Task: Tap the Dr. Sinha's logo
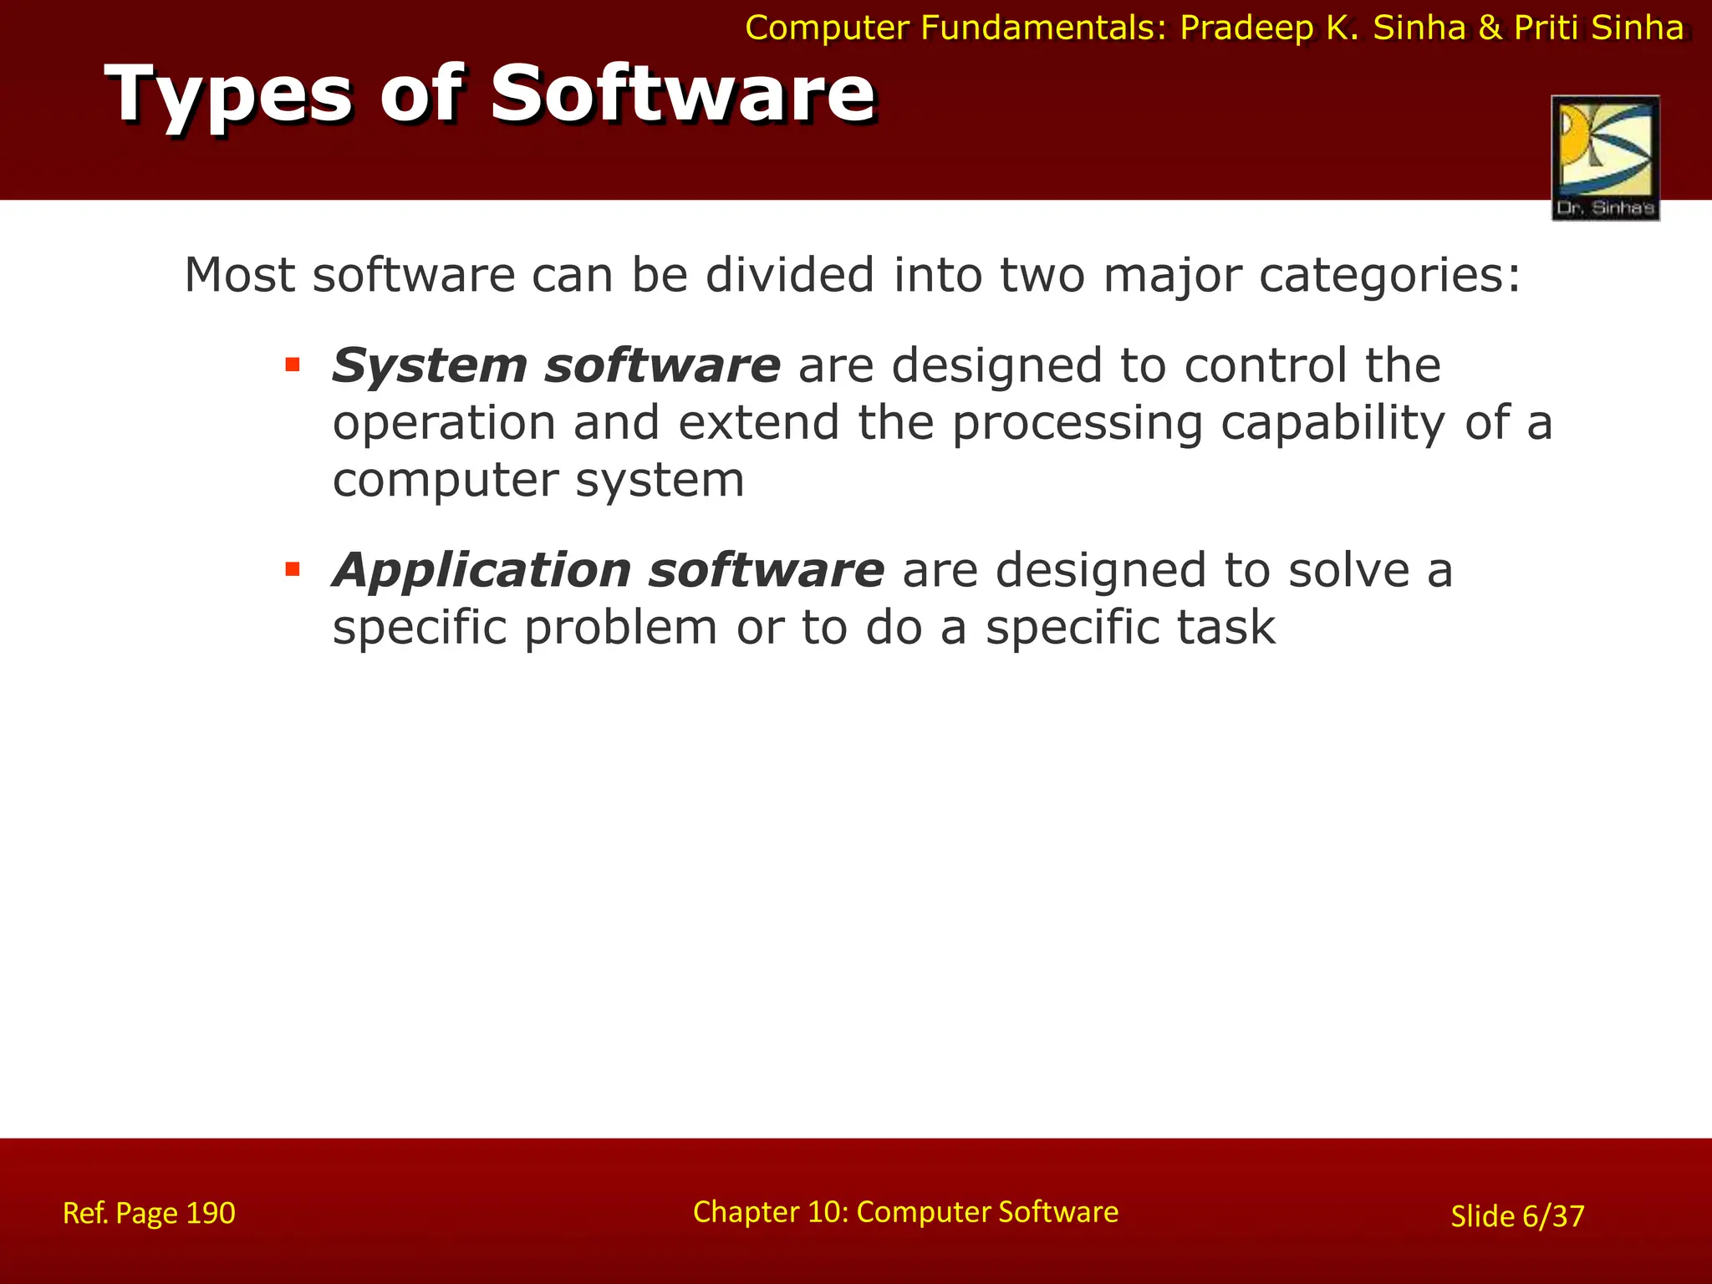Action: pos(1605,158)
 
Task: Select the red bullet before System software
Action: pos(292,364)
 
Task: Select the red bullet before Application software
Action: pos(292,570)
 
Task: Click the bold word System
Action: pos(429,366)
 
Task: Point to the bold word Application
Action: pos(481,572)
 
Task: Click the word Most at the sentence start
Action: pos(239,275)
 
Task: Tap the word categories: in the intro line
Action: pos(1389,275)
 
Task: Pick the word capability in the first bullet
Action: pos(1332,423)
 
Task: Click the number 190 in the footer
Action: pos(210,1213)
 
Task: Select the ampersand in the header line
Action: pos(1490,28)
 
